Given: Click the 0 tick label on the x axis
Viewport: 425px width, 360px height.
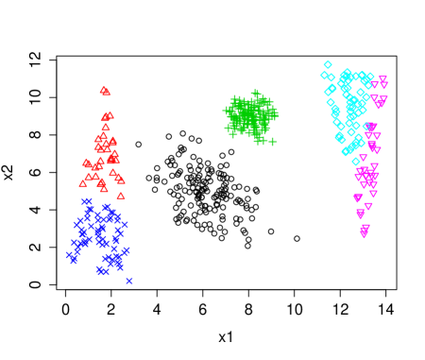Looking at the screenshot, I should tap(65, 308).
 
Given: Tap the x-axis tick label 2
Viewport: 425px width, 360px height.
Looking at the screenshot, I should tap(110, 308).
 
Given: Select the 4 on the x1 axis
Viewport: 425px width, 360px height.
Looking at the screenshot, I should tap(157, 308).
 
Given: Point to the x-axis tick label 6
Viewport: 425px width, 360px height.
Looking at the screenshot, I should tap(202, 308).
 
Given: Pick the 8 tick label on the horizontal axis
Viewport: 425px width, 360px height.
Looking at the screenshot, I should tap(248, 308).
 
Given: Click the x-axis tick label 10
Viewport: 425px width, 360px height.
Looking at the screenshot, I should tap(294, 308).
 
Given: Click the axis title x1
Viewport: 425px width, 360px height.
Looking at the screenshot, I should tap(225, 335).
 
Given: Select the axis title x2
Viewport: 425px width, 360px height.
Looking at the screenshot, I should tap(8, 172).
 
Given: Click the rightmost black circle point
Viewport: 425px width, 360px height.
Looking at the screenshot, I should tap(297, 238).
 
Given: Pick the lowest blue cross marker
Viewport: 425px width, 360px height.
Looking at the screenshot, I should tap(128, 281).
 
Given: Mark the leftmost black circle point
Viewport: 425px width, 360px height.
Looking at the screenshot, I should tap(138, 145).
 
